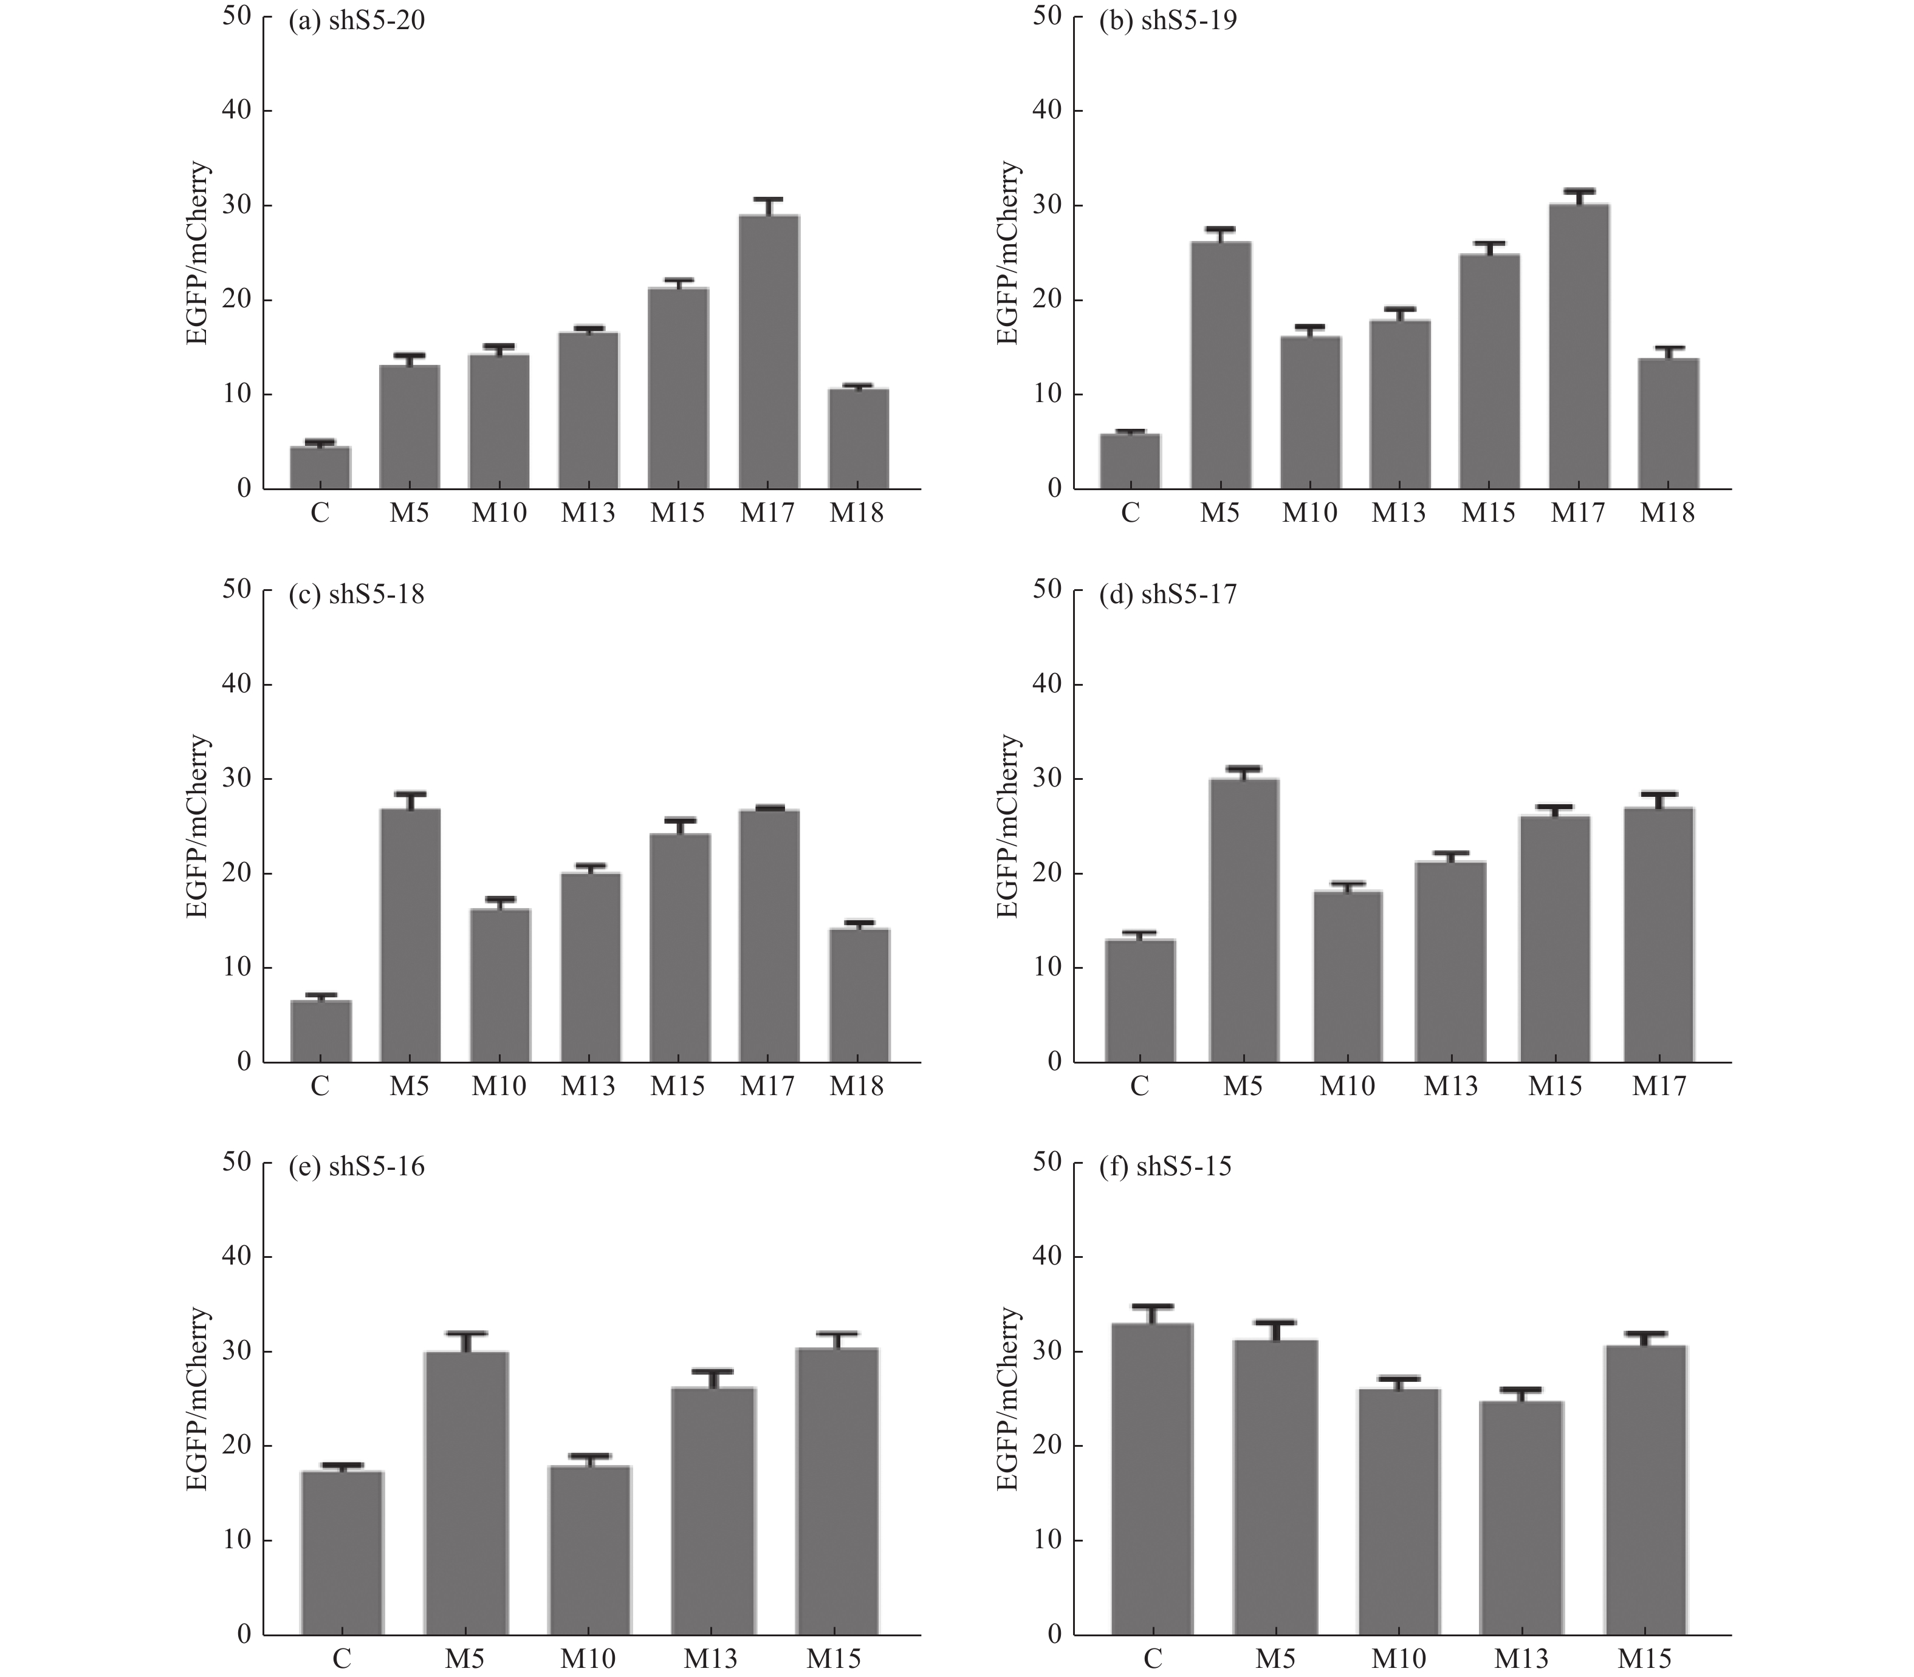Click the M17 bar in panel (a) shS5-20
(769, 353)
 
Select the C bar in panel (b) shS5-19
(1130, 462)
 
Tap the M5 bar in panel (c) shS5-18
(410, 936)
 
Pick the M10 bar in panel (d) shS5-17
(1347, 977)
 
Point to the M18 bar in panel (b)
(1669, 424)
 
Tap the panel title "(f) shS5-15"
(1165, 1167)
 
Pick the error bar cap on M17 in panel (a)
(769, 199)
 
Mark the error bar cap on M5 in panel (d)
(1243, 767)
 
